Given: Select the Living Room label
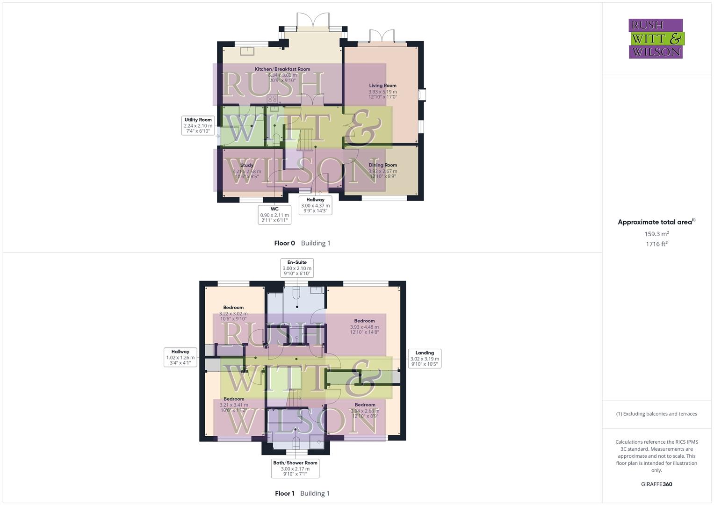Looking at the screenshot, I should [382, 86].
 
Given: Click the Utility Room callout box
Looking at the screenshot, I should [198, 126].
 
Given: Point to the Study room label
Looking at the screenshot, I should [247, 165].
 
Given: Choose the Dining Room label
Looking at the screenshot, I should [383, 165].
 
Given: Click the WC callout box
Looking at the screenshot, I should [274, 215].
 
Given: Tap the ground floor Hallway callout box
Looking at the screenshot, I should [315, 205].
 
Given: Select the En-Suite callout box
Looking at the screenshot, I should [297, 268].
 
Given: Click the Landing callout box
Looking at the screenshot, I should [425, 359].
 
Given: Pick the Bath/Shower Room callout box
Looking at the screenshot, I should [295, 469].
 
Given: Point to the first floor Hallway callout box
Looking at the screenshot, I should [180, 357].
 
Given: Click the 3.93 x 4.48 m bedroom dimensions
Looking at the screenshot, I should [364, 327].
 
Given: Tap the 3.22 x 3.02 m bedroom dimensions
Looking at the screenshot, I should [233, 314].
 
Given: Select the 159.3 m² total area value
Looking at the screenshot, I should [656, 234].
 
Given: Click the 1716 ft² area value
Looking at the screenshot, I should [656, 244].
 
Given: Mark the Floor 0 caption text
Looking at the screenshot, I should [284, 243].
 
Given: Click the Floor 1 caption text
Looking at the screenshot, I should [284, 493].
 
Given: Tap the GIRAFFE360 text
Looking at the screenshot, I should [656, 484].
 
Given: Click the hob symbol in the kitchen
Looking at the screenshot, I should [272, 99].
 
